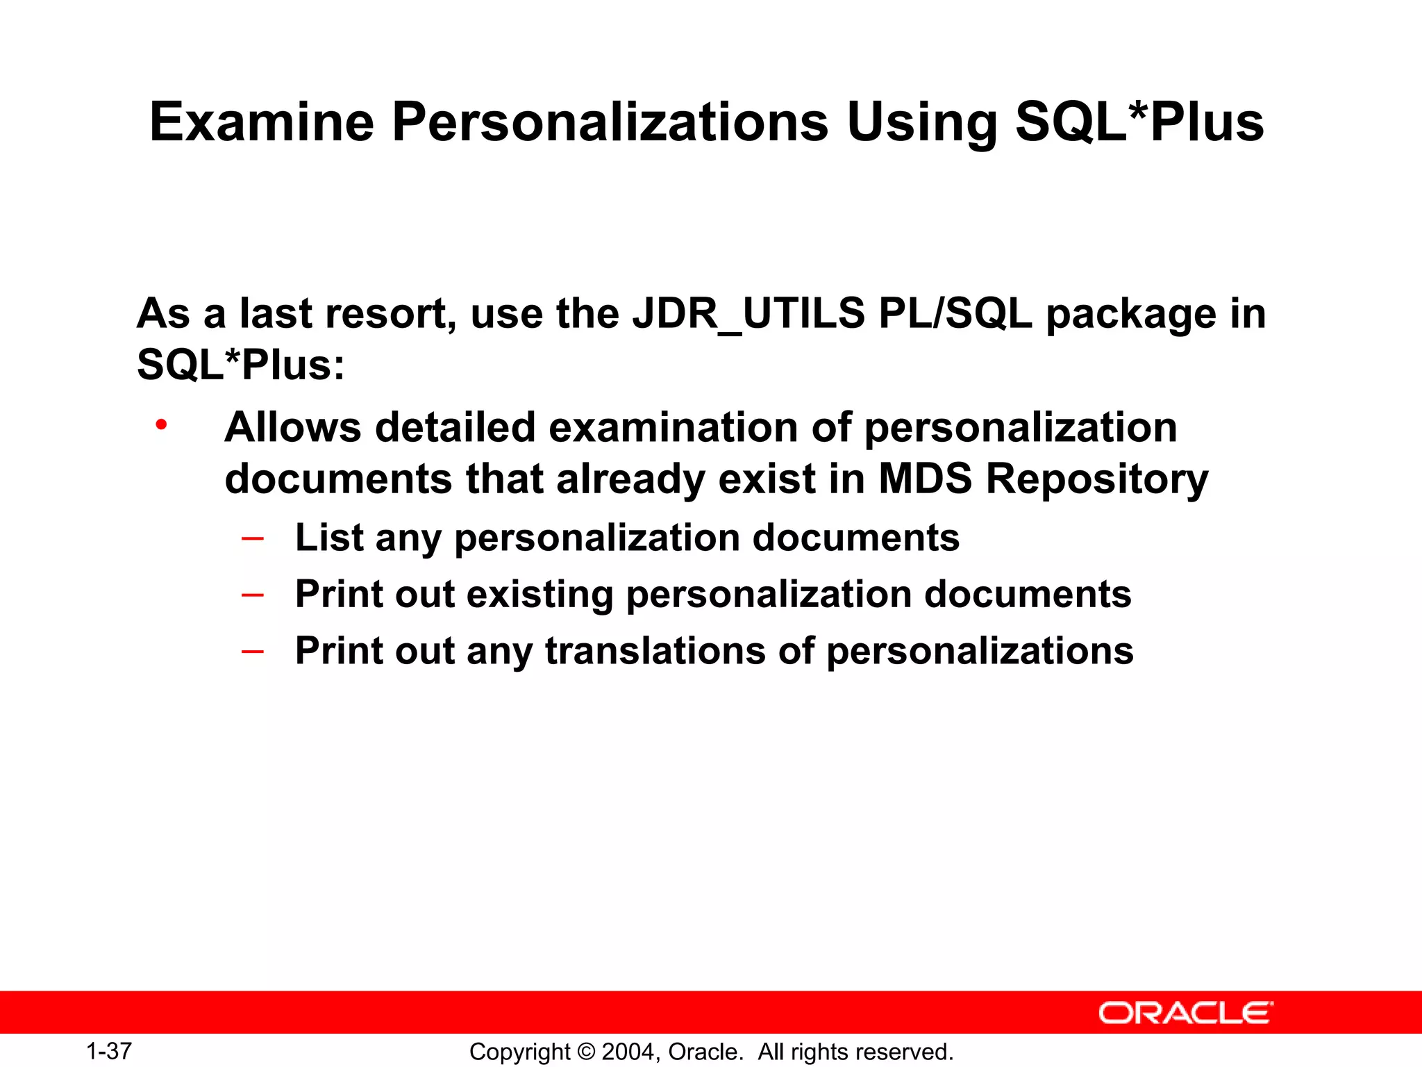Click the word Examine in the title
click(262, 122)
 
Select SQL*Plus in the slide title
click(1139, 122)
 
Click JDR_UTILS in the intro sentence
click(748, 313)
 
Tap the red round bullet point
click(161, 424)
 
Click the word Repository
click(1097, 480)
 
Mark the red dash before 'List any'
click(252, 538)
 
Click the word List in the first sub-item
click(328, 538)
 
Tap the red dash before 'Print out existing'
click(252, 595)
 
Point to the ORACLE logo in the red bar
click(1185, 1013)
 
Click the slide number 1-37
click(109, 1051)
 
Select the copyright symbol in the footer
click(586, 1052)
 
